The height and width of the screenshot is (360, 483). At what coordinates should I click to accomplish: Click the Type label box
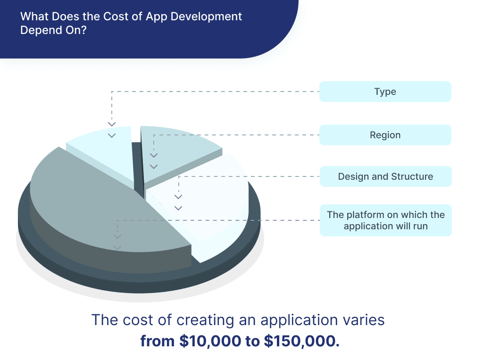385,92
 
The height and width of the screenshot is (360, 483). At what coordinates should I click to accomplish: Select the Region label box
385,135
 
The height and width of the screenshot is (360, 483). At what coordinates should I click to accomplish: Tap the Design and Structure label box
385,176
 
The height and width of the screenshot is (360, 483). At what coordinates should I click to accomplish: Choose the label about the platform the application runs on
385,220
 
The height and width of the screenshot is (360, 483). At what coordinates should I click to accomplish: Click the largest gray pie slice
94,203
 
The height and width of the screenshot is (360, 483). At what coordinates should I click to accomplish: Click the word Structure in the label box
412,176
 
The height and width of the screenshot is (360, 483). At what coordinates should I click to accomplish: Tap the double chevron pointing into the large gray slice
117,242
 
